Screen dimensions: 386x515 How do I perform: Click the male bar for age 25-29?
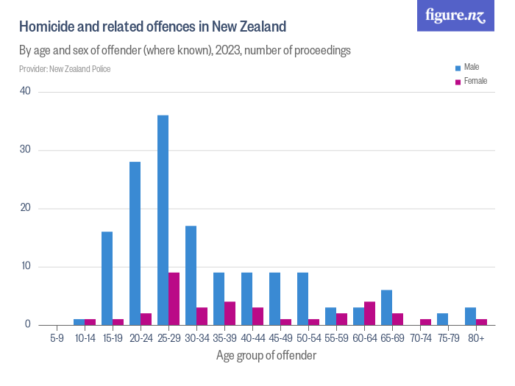[163, 220]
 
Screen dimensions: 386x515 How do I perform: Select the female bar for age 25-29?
[174, 299]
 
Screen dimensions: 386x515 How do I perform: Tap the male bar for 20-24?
[135, 243]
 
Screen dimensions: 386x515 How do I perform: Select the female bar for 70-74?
[425, 321]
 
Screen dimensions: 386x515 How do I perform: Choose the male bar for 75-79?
[442, 319]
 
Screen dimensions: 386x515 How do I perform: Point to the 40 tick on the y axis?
[26, 92]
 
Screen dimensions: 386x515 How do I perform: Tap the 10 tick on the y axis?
[26, 266]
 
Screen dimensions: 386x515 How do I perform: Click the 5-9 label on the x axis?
[56, 339]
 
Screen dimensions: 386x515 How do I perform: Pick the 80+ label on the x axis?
[476, 339]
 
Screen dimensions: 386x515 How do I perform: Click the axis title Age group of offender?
[266, 356]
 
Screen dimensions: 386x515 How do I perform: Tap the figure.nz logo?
[455, 15]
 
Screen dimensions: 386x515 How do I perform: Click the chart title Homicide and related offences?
[152, 28]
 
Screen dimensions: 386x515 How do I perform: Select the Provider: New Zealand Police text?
[65, 69]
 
